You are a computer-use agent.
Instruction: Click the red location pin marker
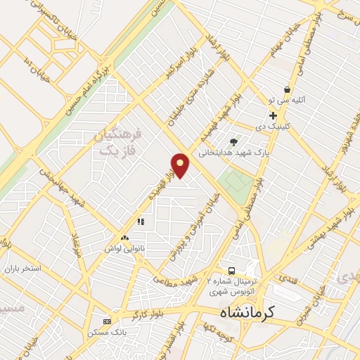(181, 166)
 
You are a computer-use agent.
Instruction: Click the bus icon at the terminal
(231, 271)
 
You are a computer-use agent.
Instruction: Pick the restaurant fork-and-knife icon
(141, 221)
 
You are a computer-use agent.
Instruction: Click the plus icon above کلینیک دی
(273, 115)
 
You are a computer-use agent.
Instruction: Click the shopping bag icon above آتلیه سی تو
(287, 89)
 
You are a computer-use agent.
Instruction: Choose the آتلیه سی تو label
(287, 101)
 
